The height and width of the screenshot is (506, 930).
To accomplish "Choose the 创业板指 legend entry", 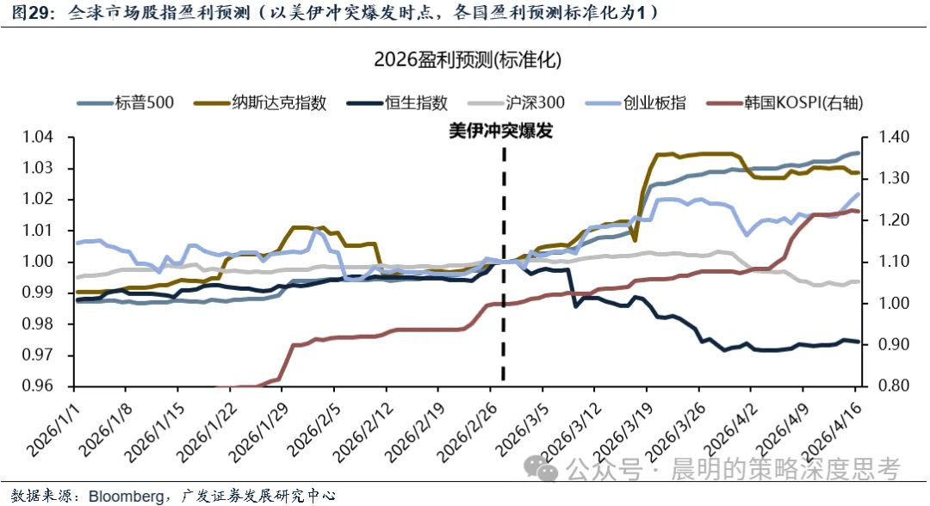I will coord(655,103).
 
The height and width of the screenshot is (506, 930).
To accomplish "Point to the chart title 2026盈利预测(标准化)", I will coord(468,60).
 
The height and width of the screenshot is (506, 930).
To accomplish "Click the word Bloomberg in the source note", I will coord(127,496).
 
